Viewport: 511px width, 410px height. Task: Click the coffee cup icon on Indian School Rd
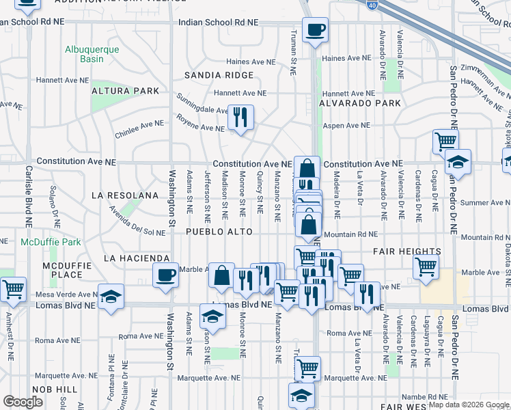tap(315, 30)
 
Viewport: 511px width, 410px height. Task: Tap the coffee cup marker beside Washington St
tap(165, 275)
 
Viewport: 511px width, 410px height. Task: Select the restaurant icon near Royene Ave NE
tap(240, 117)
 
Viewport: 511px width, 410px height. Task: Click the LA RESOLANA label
tap(125, 195)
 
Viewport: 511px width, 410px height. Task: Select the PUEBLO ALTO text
tap(219, 232)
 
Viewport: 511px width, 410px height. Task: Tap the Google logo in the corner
tap(24, 401)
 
